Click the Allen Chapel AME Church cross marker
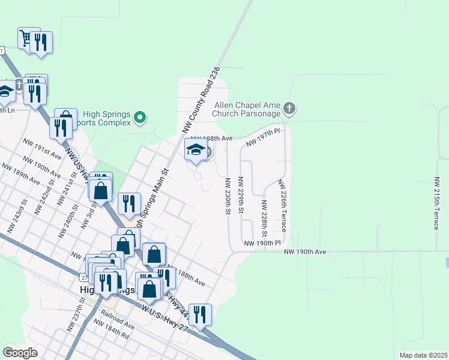pyautogui.click(x=289, y=109)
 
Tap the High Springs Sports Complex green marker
pyautogui.click(x=140, y=117)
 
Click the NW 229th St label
pyautogui.click(x=240, y=195)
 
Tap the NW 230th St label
pyautogui.click(x=228, y=196)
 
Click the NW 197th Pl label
pyautogui.click(x=264, y=134)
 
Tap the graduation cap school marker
pyautogui.click(x=196, y=149)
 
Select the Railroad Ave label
pyautogui.click(x=117, y=319)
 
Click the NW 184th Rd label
pyautogui.click(x=111, y=329)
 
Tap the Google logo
pyautogui.click(x=20, y=352)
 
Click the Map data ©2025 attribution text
pyautogui.click(x=423, y=355)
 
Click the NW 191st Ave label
pyautogui.click(x=42, y=150)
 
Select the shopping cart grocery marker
pyautogui.click(x=25, y=38)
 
